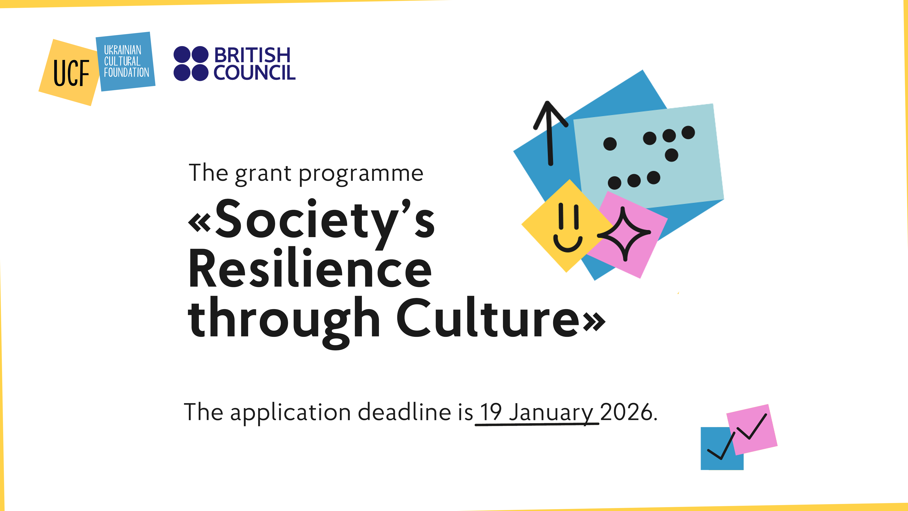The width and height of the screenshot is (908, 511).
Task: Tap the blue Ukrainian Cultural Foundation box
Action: (x=126, y=62)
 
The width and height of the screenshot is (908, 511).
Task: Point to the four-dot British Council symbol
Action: (x=191, y=64)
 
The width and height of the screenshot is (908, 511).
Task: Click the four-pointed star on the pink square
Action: (x=624, y=233)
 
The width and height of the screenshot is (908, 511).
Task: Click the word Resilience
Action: (x=310, y=268)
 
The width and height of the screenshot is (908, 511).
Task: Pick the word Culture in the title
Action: (x=488, y=318)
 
